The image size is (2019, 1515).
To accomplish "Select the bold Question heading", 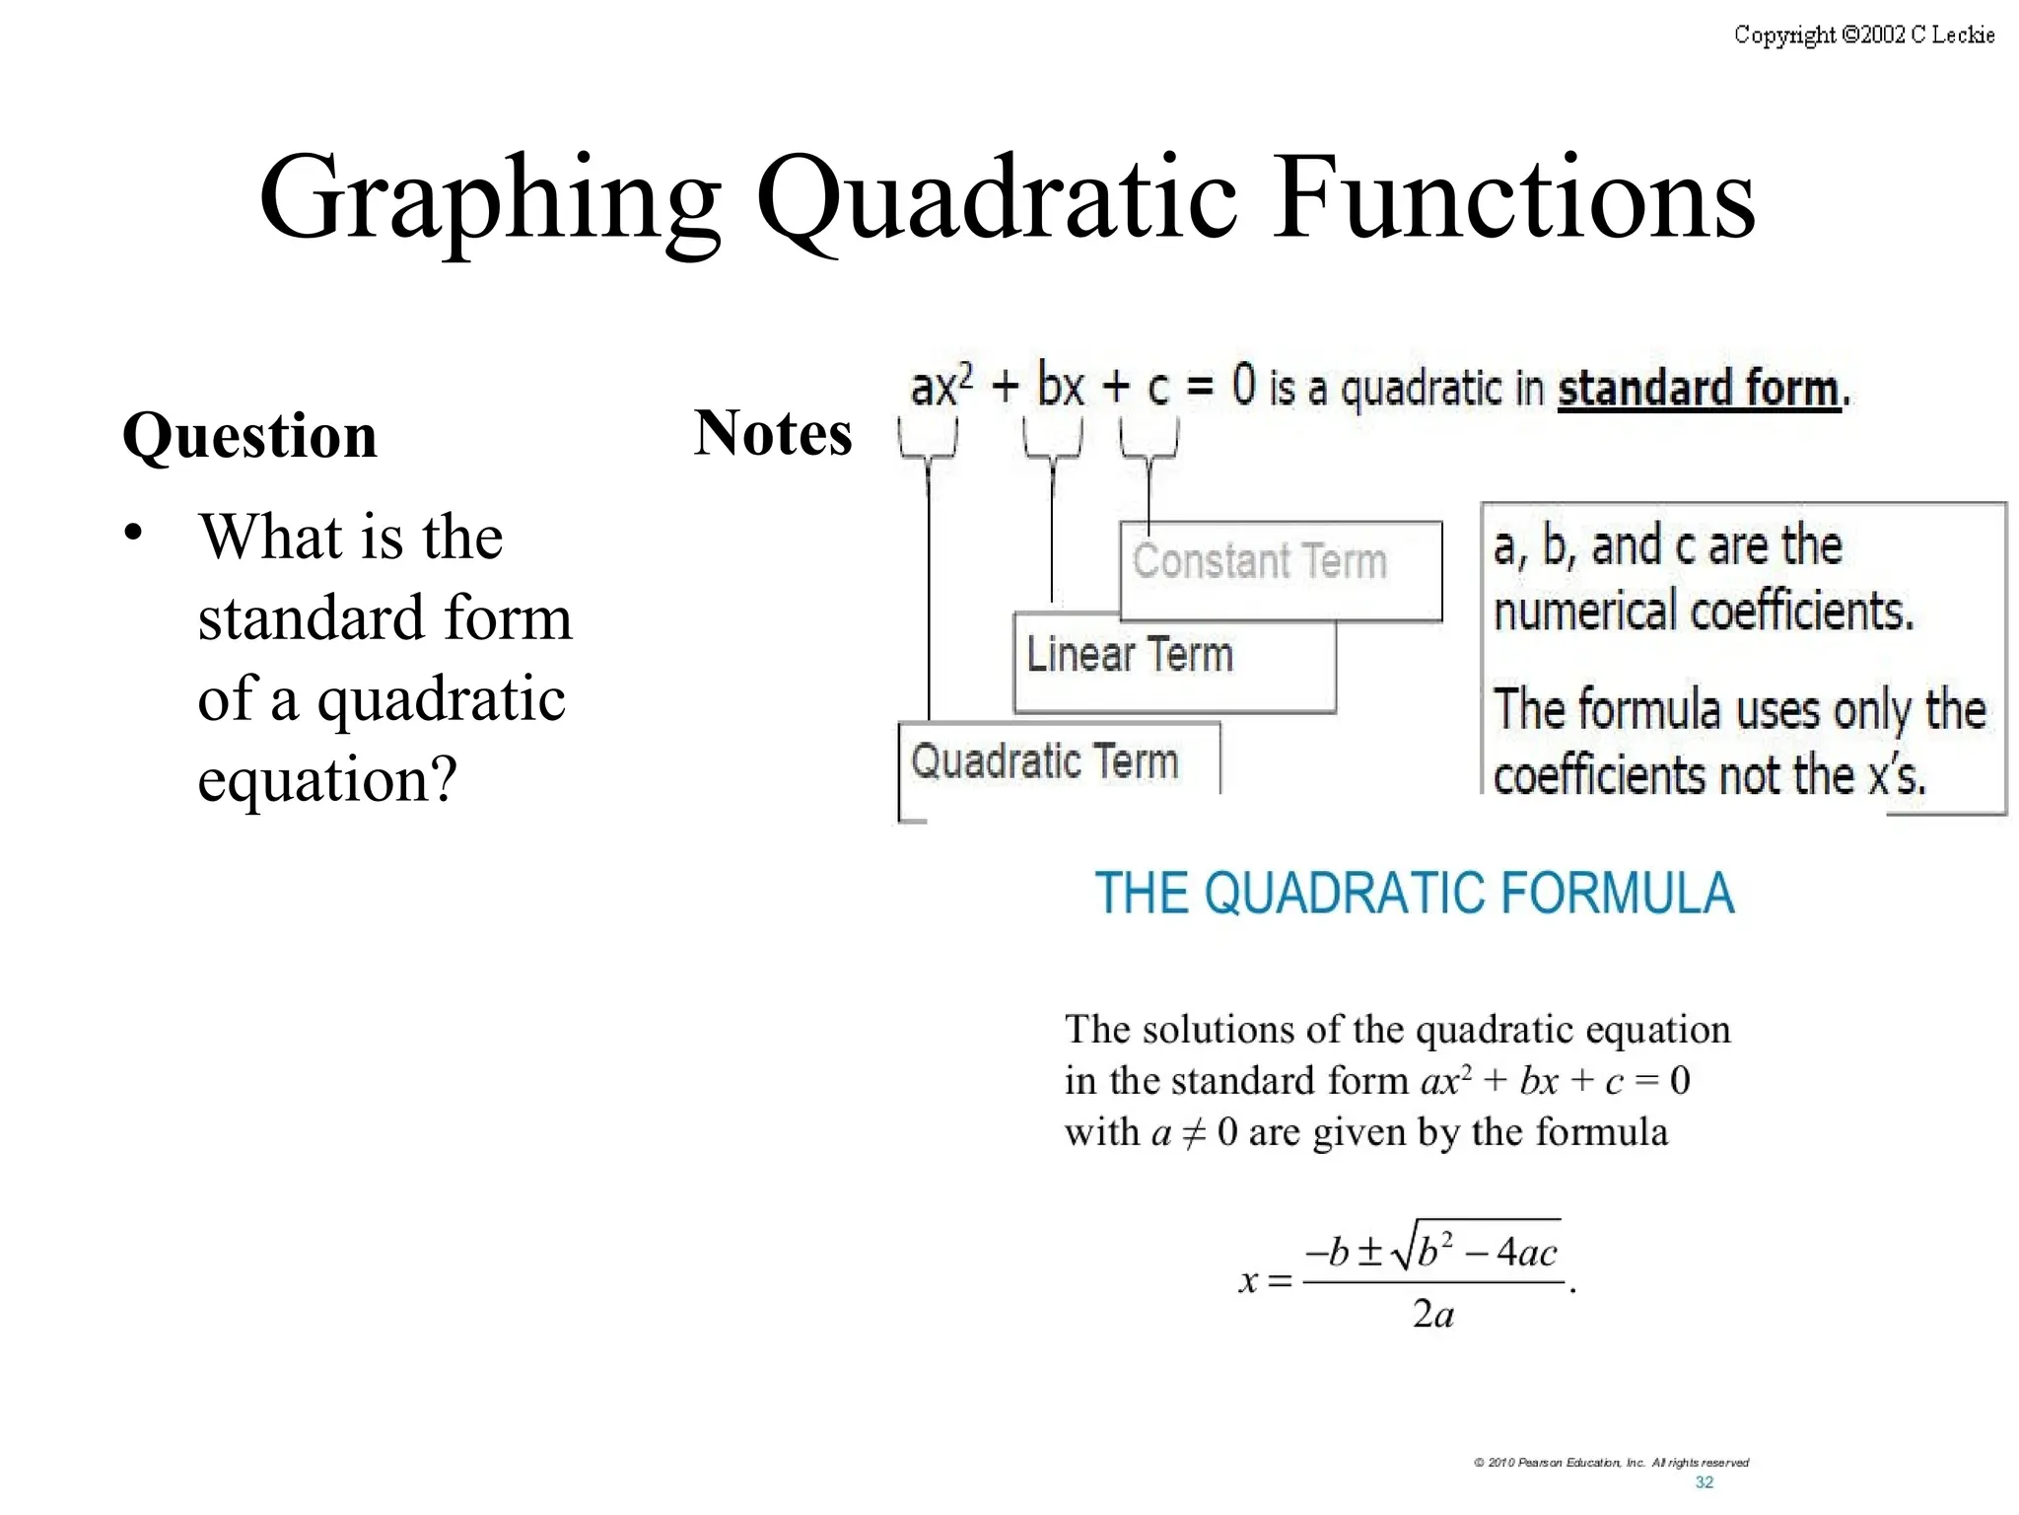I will click(249, 435).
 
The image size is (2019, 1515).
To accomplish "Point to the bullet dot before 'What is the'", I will click(133, 534).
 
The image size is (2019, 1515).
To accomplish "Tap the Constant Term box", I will click(1280, 570).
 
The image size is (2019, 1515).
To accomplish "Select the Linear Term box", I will click(1173, 661).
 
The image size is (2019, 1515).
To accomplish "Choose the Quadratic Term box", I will click(1058, 763).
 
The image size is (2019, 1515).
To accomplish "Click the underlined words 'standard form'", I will click(1698, 389).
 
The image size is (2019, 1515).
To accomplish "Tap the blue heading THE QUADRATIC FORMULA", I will click(1414, 893).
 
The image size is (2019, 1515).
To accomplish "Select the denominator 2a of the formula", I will click(1432, 1315).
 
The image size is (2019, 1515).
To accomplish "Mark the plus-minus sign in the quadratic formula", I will click(1369, 1253).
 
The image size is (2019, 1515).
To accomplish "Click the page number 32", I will click(1704, 1482).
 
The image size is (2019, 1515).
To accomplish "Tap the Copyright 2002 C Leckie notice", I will click(1863, 36).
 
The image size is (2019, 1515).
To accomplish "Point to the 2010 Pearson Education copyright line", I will click(1611, 1463).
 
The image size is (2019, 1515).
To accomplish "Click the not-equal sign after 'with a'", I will click(1193, 1132).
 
